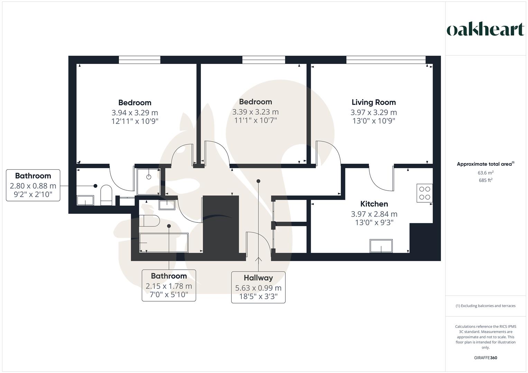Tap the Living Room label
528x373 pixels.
pos(373,102)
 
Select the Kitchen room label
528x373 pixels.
pos(374,204)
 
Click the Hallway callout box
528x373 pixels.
pos(258,287)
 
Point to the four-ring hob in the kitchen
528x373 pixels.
pos(425,193)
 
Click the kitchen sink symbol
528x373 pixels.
pos(381,246)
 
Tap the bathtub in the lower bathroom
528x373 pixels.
pos(164,242)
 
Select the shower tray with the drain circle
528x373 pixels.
pos(148,181)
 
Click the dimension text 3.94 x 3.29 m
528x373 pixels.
pos(135,113)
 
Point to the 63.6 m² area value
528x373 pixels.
pos(485,173)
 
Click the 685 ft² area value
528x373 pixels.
pos(485,180)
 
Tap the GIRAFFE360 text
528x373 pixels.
pos(485,358)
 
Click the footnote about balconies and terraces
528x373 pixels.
pos(485,306)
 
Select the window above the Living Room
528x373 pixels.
pos(386,60)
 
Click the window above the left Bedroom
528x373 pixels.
pos(140,60)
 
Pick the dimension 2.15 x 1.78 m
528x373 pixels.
pos(169,286)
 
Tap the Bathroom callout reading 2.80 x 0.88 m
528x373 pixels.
pos(33,185)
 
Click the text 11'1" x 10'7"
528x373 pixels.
pos(256,120)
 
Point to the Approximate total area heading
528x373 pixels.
pos(485,164)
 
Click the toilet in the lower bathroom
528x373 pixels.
pos(149,221)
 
